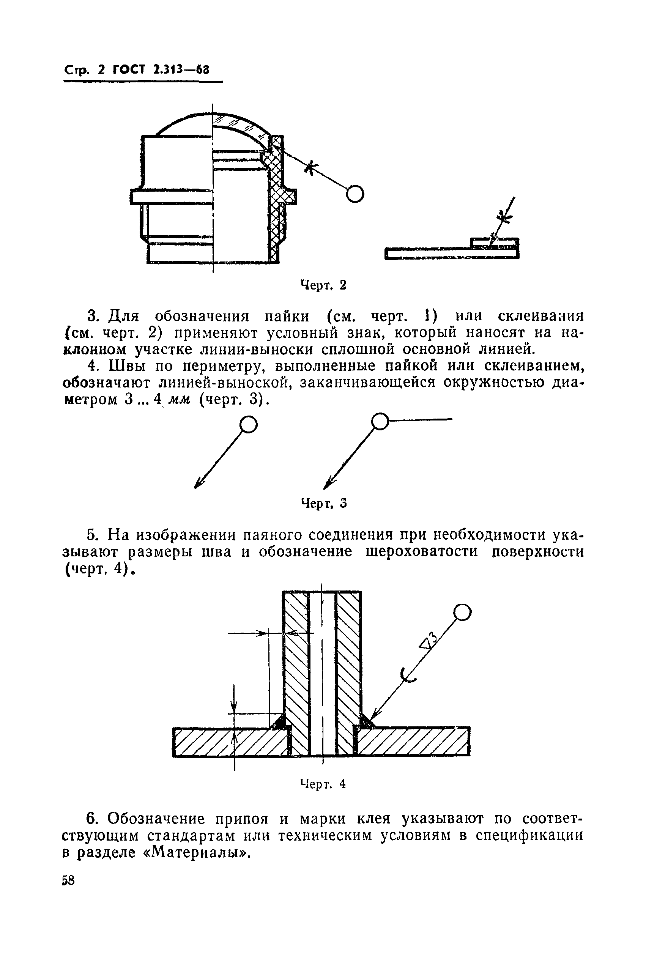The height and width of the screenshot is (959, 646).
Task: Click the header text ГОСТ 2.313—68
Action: [161, 70]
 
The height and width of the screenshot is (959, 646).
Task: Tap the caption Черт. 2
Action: [323, 285]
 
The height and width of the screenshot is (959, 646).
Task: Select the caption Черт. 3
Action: [324, 503]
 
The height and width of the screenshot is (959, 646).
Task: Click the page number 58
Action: [68, 881]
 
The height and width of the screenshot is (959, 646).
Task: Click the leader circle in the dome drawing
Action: [355, 194]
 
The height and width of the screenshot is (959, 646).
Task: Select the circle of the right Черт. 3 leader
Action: [380, 421]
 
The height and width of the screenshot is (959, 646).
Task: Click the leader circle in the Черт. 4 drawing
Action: [462, 613]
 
